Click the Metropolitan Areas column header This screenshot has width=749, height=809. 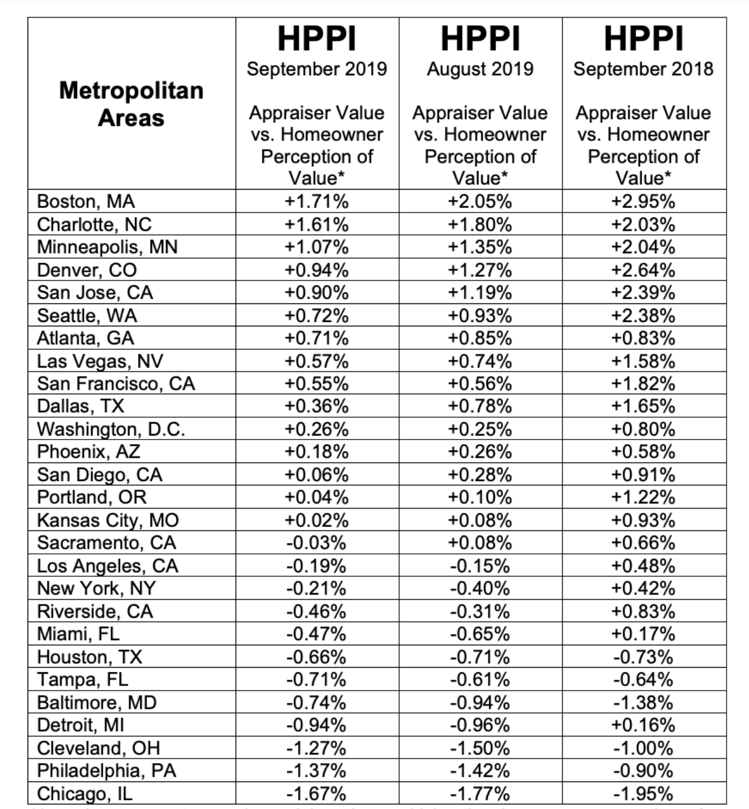pos(131,104)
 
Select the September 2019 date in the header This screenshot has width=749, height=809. pos(316,69)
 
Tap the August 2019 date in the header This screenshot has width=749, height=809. pos(480,69)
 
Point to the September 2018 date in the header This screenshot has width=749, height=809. pos(643,69)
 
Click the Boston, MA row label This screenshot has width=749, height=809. pos(86,202)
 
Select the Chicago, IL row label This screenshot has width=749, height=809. pos(84,793)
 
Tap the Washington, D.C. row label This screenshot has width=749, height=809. pos(111,429)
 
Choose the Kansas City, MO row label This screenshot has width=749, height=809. pos(108,520)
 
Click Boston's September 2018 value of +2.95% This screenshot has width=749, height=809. pos(643,202)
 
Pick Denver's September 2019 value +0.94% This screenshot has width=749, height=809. pos(316,270)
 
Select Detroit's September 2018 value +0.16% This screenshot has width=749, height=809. pos(643,725)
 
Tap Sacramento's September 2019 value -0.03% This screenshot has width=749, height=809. pos(316,543)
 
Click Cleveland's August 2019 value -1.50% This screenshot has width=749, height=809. pos(480,748)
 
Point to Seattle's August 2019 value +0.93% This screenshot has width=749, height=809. pos(480,315)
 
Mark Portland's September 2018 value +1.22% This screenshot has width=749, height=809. pos(643,498)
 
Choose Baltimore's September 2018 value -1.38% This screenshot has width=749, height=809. pos(643,703)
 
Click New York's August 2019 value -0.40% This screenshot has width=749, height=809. pos(480,588)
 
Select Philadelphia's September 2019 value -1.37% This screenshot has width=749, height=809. pos(316,771)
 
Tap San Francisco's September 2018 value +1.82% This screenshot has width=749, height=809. pos(643,384)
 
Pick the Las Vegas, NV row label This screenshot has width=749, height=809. pos(100,361)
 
